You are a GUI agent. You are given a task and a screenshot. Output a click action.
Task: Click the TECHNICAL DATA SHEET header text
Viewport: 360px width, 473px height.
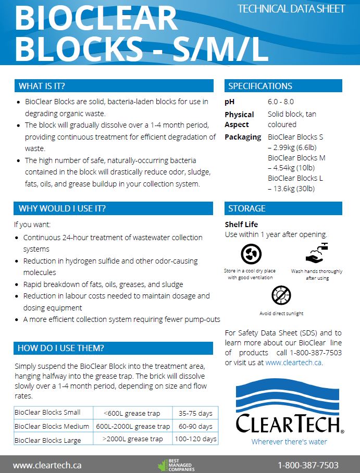click(x=291, y=9)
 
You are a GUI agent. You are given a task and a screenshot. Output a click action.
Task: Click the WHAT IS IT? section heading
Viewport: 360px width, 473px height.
click(x=42, y=86)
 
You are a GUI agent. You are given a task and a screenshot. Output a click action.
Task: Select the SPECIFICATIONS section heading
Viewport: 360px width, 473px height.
click(x=260, y=86)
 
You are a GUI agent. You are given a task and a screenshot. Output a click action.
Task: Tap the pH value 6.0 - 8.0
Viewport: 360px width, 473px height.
click(x=281, y=102)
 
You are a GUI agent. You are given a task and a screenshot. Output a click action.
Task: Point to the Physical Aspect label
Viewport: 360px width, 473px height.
click(x=239, y=119)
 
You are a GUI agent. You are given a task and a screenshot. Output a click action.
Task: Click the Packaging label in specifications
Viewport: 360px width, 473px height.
click(x=243, y=137)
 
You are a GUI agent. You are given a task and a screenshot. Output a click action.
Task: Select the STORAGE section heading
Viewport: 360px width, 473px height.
click(x=246, y=208)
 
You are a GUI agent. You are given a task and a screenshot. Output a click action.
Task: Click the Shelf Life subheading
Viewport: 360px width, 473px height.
click(x=241, y=225)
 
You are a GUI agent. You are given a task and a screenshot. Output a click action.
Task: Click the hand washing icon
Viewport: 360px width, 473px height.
click(x=317, y=253)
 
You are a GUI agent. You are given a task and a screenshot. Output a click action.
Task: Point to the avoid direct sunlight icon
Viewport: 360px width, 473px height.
click(x=281, y=296)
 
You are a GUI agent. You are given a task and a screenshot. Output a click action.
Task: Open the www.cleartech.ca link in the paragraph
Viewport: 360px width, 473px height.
click(x=293, y=363)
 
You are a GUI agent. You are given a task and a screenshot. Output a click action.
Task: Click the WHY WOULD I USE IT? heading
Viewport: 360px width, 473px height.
click(x=62, y=208)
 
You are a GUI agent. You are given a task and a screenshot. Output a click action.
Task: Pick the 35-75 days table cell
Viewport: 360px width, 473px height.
click(x=195, y=414)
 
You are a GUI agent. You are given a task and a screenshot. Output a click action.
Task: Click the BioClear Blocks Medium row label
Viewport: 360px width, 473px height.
click(x=52, y=427)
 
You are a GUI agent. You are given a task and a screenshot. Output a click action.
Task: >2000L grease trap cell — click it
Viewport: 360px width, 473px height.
click(x=132, y=439)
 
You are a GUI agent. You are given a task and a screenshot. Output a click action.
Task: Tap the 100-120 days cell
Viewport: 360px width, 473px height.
click(x=195, y=439)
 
